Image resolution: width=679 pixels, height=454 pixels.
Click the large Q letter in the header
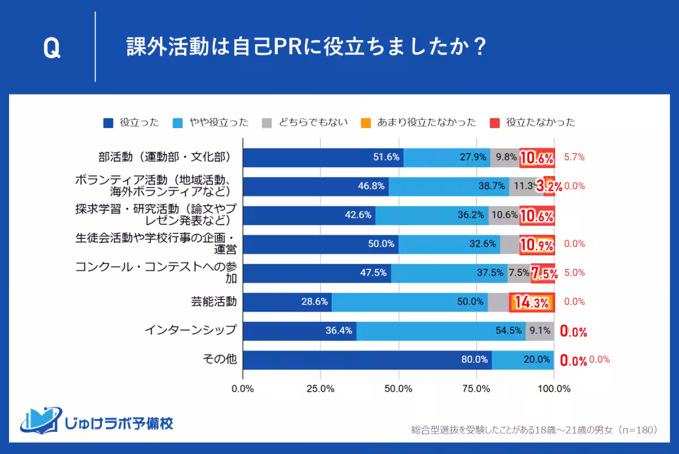pos(51,48)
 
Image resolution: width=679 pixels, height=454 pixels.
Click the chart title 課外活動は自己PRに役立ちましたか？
pos(306,48)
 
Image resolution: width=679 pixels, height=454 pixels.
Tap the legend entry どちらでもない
pos(306,122)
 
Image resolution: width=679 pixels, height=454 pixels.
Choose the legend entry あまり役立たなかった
pos(419,122)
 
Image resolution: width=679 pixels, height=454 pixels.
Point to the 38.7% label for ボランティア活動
pos(491,186)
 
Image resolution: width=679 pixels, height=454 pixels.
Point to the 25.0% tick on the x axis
pos(320,389)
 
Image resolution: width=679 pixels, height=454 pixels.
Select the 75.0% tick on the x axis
pos(476,389)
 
